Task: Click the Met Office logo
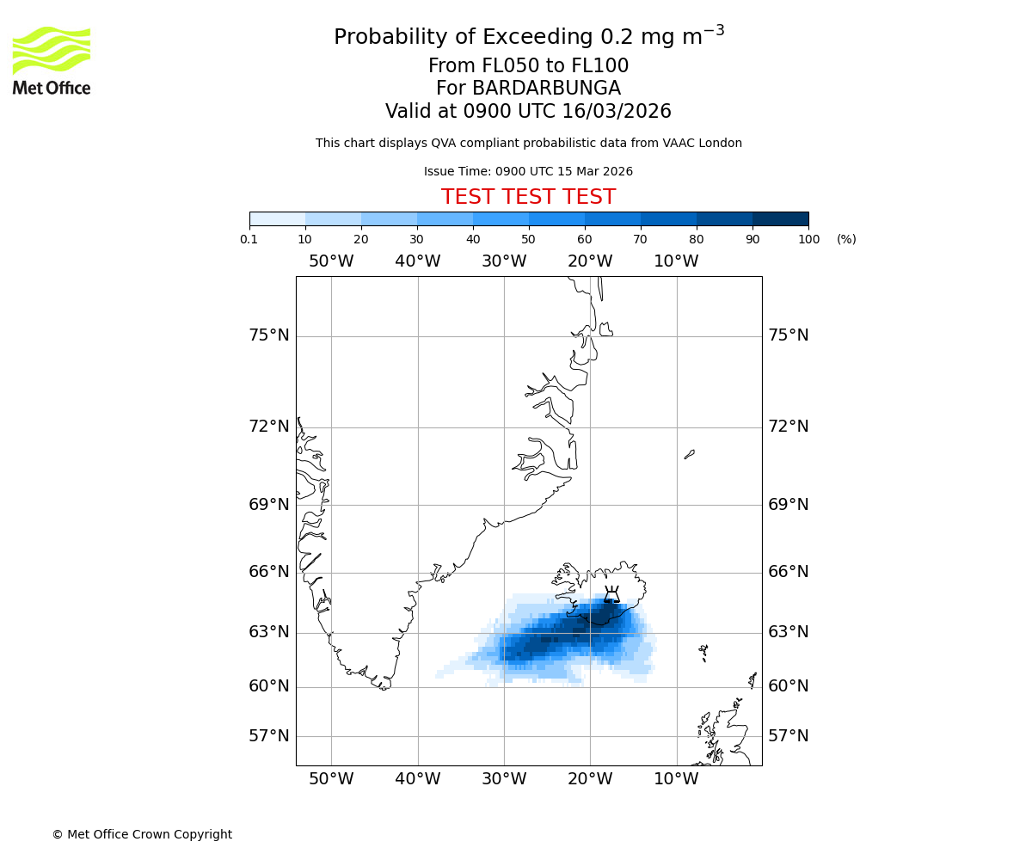coord(52,60)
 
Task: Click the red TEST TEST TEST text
coord(528,197)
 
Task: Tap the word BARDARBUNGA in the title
coord(528,89)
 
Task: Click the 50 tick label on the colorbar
coord(528,239)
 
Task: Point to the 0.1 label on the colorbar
coord(249,239)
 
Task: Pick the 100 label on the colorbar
coord(808,239)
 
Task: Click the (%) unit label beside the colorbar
coord(846,239)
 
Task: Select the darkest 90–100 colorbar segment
coord(780,218)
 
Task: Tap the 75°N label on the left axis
coord(269,335)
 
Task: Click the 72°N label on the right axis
coord(788,427)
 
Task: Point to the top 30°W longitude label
coord(504,261)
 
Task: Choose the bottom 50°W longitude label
coord(331,779)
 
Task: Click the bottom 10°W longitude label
coord(676,779)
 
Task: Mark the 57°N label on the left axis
coord(269,736)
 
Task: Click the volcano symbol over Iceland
coord(611,594)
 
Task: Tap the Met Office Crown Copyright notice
coord(142,834)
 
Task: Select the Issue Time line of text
coord(528,172)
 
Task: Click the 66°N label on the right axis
coord(788,572)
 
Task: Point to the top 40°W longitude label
coord(418,261)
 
